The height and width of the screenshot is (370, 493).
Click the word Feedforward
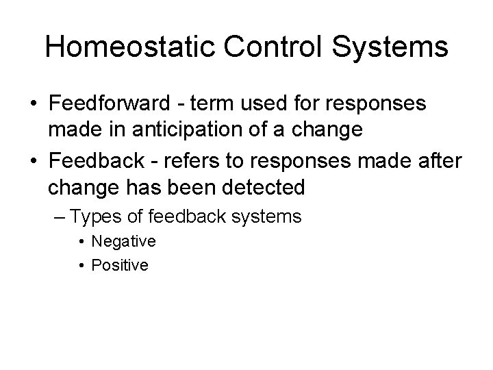pyautogui.click(x=110, y=105)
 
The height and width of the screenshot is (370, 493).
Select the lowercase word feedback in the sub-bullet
pyautogui.click(x=181, y=217)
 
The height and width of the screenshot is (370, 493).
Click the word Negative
pyautogui.click(x=123, y=241)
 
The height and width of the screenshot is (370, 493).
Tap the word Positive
pyautogui.click(x=120, y=265)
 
